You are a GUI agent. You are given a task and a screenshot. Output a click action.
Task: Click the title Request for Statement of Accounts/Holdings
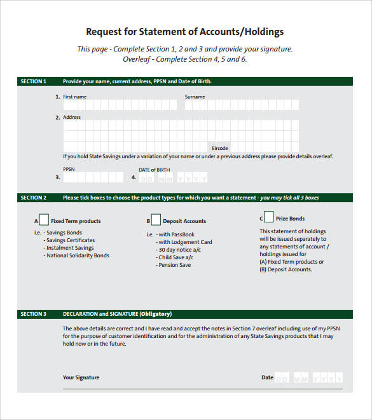click(184, 32)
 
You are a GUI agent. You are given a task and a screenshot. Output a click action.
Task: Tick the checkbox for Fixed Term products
click(44, 220)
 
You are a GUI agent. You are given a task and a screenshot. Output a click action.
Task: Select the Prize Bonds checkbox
click(268, 217)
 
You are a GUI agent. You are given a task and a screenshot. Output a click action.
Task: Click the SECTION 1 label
click(33, 81)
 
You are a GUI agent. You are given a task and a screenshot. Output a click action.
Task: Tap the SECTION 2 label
click(33, 198)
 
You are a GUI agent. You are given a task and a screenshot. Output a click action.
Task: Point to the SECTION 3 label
click(33, 314)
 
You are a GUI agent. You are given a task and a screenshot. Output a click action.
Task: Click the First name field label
click(74, 97)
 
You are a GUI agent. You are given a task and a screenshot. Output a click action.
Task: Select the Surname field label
click(195, 97)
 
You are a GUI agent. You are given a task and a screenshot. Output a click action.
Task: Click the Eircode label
click(220, 147)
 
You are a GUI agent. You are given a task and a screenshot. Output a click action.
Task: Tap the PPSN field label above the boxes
click(69, 170)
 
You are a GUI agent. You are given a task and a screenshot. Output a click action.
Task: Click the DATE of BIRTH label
click(155, 170)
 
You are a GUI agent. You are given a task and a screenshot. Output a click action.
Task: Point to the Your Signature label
click(81, 377)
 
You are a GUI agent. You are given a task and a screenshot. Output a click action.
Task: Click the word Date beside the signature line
click(267, 377)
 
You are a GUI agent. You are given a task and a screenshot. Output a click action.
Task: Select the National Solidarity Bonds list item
click(78, 255)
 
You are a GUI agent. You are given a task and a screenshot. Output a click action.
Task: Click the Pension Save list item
click(174, 265)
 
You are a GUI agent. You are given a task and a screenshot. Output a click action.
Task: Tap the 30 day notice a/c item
click(179, 250)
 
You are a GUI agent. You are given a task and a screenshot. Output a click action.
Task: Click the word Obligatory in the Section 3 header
click(155, 314)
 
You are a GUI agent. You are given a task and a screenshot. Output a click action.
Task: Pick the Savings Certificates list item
click(71, 240)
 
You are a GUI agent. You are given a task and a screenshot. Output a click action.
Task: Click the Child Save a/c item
click(176, 257)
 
